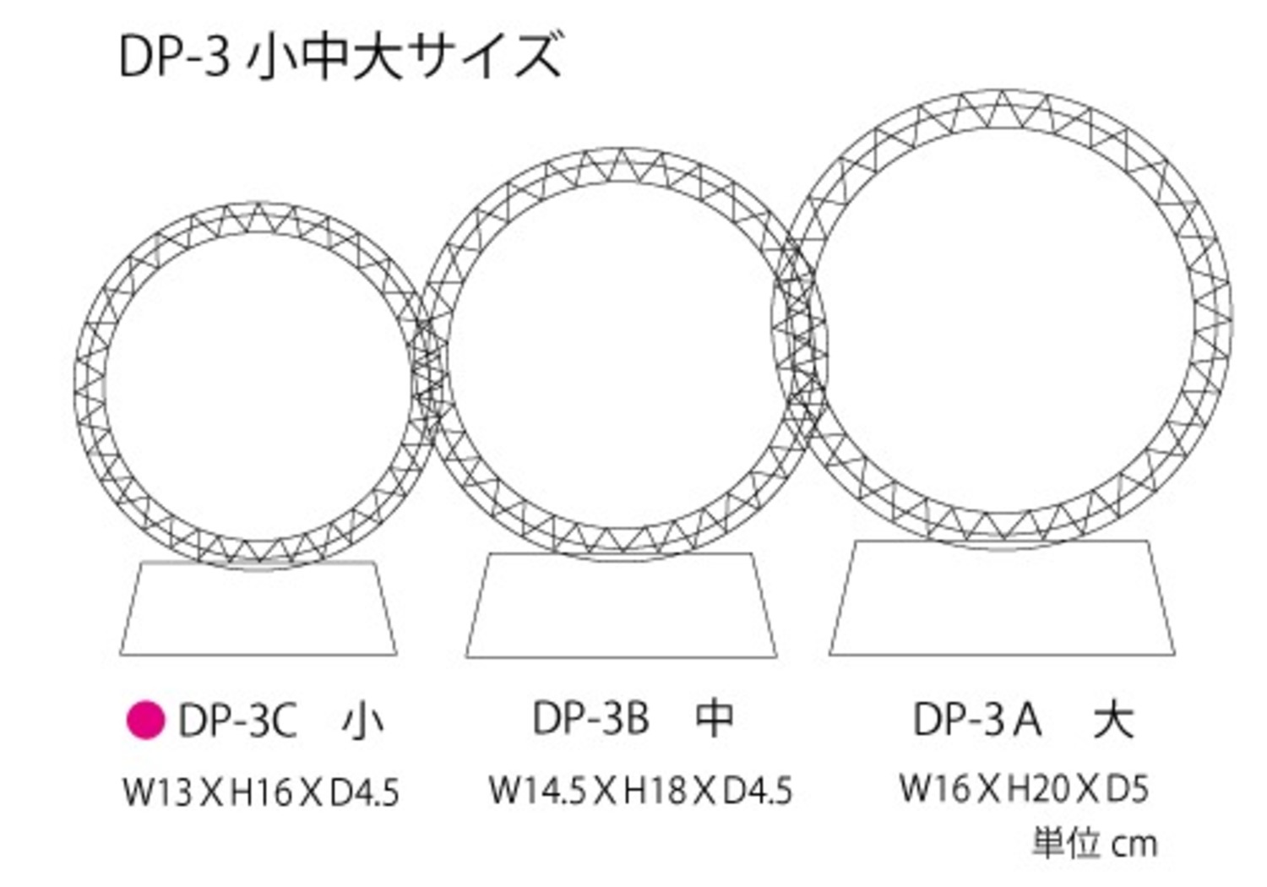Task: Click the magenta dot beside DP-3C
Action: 145,720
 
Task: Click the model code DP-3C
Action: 237,721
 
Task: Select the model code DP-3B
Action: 590,718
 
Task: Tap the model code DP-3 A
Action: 976,720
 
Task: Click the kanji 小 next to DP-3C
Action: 362,721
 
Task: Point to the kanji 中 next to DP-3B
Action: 714,718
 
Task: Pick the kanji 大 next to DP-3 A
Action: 1113,720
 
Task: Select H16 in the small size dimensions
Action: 260,792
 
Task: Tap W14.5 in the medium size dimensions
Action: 537,790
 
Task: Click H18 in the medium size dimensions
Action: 654,790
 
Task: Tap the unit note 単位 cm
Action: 1096,844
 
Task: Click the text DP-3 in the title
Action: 175,57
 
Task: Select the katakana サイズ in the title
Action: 484,56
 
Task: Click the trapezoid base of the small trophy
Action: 258,608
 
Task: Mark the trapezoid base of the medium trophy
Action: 622,606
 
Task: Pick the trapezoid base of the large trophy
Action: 1003,598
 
